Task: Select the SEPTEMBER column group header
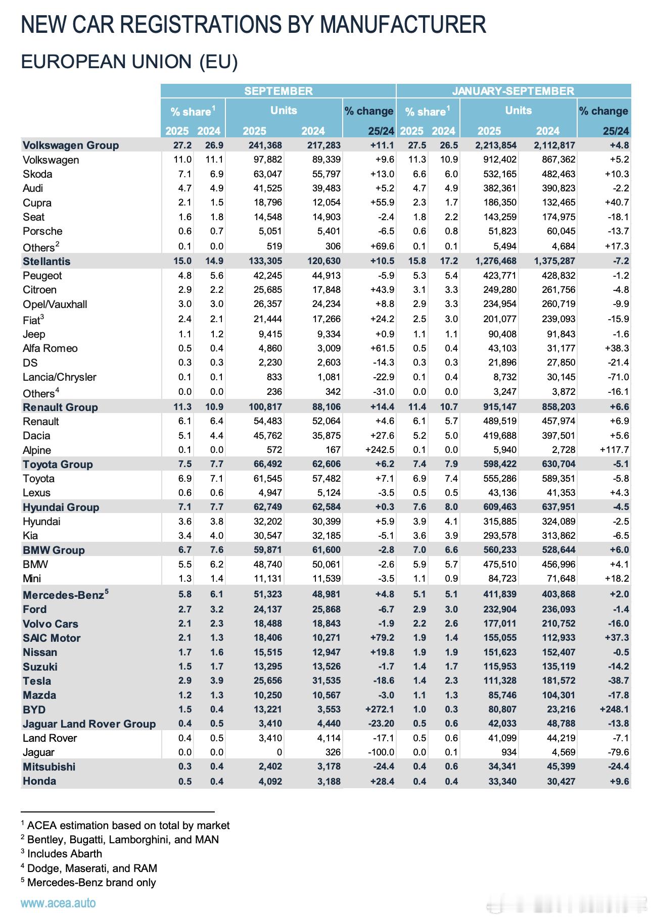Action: pos(278,91)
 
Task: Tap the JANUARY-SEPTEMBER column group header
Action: pos(513,91)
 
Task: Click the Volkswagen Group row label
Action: pos(71,145)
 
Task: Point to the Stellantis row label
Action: pos(46,262)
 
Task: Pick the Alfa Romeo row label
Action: pos(50,348)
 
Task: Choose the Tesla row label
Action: pos(37,681)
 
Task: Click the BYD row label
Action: pos(34,709)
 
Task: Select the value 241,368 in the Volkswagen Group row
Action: pos(262,145)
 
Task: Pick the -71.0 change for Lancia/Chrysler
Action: pos(618,377)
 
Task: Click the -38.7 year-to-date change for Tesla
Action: pos(618,681)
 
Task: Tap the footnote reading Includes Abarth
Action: pos(64,854)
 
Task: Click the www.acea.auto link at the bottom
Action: pos(58,903)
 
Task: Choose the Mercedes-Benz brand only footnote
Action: pos(91,882)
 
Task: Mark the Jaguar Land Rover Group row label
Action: pos(89,724)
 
